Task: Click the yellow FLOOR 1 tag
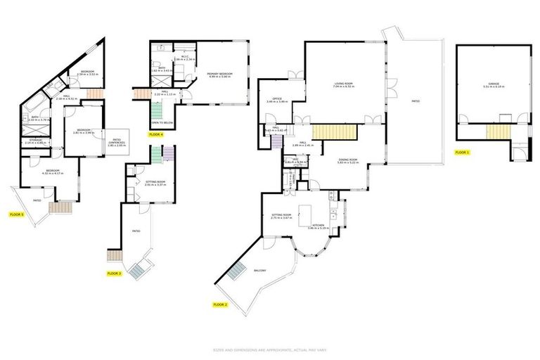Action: tap(461, 152)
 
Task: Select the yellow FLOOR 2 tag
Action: tap(220, 304)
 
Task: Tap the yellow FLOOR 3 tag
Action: tap(114, 273)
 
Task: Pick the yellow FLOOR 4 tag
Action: tap(155, 134)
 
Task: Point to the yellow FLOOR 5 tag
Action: tap(16, 214)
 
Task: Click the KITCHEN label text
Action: tap(319, 226)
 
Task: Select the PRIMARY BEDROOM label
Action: tap(219, 74)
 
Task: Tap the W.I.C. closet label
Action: tap(184, 58)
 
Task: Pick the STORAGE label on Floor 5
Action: tap(34, 141)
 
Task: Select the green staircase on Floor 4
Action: tap(156, 110)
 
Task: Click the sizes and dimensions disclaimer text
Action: tap(269, 349)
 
